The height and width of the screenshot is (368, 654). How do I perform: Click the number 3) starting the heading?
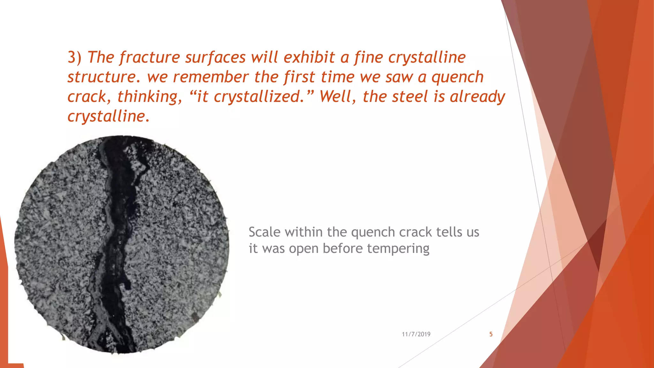pos(74,58)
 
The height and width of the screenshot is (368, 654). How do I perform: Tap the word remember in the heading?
pos(210,77)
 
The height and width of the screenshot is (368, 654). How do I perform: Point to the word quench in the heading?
pos(457,77)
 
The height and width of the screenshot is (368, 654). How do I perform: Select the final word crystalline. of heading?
pos(108,116)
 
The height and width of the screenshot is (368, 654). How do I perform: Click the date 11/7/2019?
pos(416,334)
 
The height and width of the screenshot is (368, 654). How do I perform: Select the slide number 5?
pos(491,334)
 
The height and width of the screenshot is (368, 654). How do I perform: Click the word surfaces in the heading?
pos(215,58)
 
